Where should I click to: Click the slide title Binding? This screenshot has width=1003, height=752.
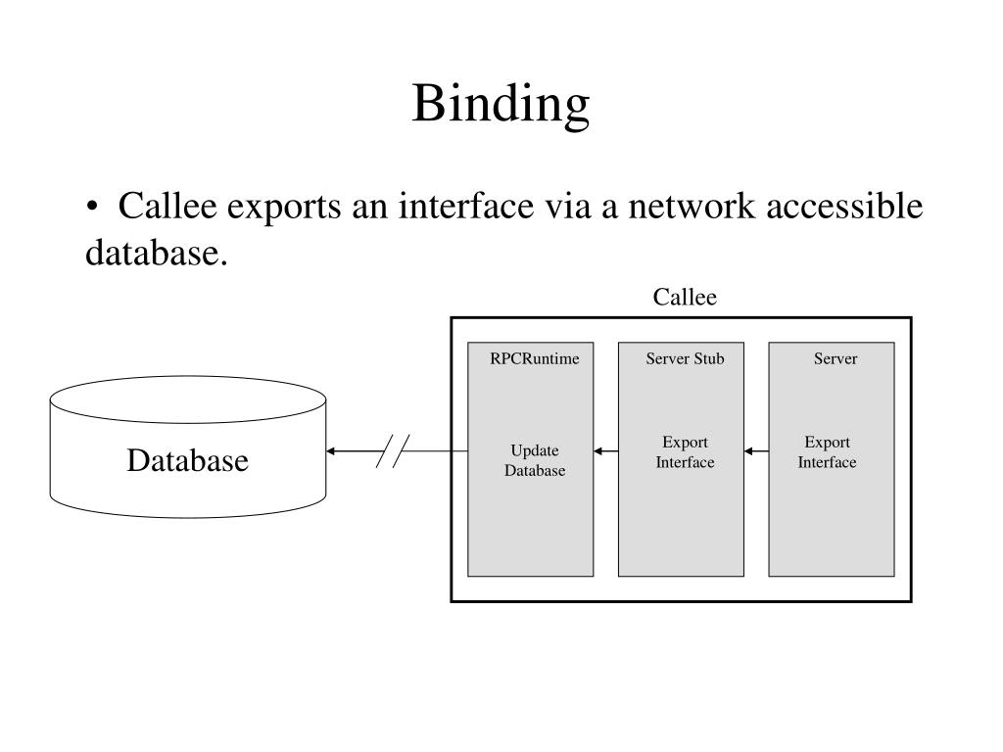[x=501, y=104]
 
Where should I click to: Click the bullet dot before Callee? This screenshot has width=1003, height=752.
[x=93, y=207]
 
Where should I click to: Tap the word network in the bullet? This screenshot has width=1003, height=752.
[x=692, y=206]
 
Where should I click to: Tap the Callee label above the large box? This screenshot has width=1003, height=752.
[x=685, y=297]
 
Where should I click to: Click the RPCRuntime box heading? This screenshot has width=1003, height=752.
[x=535, y=358]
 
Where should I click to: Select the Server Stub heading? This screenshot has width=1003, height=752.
[x=685, y=358]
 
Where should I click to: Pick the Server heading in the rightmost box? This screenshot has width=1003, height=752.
[x=836, y=358]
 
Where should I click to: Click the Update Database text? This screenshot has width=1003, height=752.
[x=535, y=460]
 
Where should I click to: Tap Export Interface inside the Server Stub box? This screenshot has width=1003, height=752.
[x=685, y=452]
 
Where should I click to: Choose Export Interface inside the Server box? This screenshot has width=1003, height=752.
[x=827, y=452]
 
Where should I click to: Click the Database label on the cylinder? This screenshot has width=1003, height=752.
[x=187, y=460]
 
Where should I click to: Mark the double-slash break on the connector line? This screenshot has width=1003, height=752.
[x=393, y=451]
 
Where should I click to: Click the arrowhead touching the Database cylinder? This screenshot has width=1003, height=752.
[x=330, y=451]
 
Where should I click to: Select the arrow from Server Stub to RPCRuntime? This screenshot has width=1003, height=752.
[x=605, y=451]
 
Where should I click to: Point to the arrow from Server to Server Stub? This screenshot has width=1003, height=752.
[x=756, y=451]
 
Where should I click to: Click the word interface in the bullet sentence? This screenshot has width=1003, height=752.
[x=465, y=206]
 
